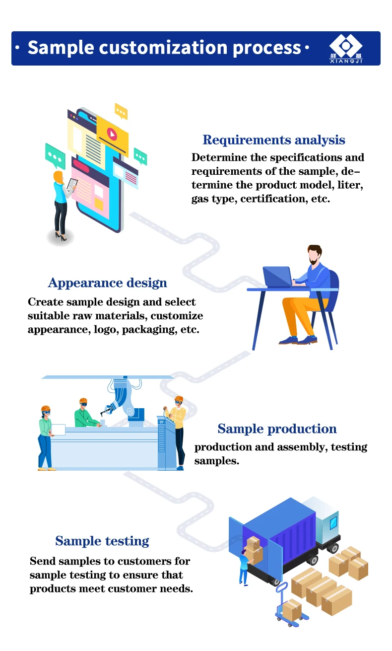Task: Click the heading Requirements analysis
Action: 274,140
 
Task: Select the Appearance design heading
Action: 107,283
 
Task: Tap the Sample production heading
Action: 277,429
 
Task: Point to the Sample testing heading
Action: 102,541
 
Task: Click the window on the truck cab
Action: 333,522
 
